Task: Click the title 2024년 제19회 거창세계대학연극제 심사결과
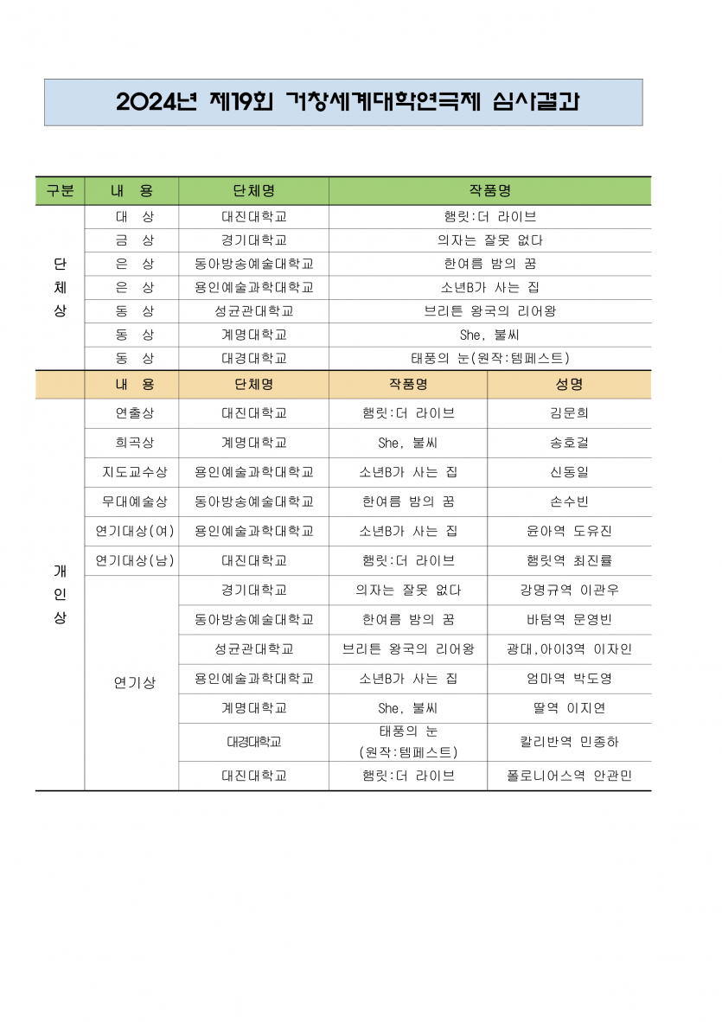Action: [x=348, y=102]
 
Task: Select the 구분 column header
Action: [x=60, y=191]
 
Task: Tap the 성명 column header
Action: [x=569, y=384]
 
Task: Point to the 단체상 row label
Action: [x=60, y=287]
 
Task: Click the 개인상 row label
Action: [x=60, y=595]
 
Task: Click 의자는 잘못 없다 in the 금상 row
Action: [x=489, y=240]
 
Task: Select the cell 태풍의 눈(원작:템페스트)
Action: [x=489, y=358]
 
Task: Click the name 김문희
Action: [x=569, y=413]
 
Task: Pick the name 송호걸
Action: [x=569, y=443]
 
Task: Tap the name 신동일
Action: [x=569, y=472]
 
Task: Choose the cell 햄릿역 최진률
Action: [x=569, y=560]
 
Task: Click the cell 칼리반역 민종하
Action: [x=569, y=742]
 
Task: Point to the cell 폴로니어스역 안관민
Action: [x=569, y=776]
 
